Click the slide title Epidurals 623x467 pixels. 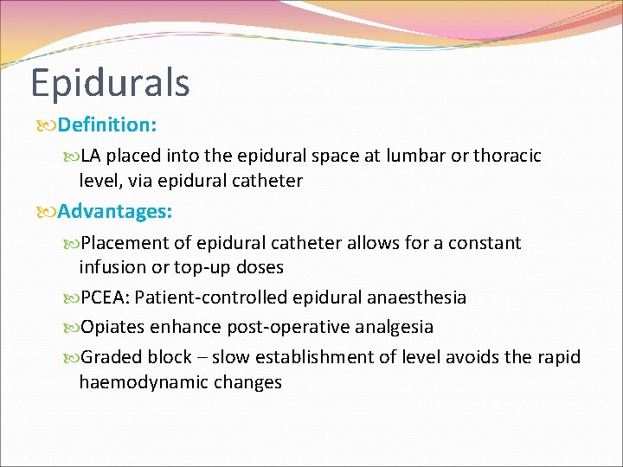tap(110, 83)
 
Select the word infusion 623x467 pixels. tap(113, 267)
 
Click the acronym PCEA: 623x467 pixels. tap(106, 298)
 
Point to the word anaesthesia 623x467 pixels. tap(412, 298)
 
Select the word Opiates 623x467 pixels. tap(114, 328)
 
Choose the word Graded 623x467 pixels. tap(112, 358)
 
